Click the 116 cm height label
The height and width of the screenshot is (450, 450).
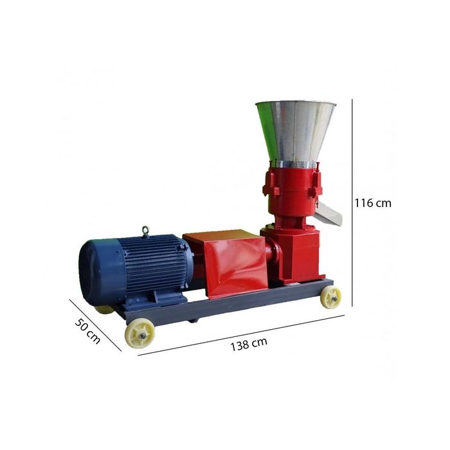point(373,203)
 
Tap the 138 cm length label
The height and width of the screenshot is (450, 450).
point(249,343)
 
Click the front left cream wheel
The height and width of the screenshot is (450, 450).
point(139,332)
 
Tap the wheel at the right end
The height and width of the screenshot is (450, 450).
point(330,296)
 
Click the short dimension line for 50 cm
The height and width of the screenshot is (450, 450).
point(95,325)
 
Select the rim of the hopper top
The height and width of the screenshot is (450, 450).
point(295,104)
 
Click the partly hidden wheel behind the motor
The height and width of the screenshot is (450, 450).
point(104,309)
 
